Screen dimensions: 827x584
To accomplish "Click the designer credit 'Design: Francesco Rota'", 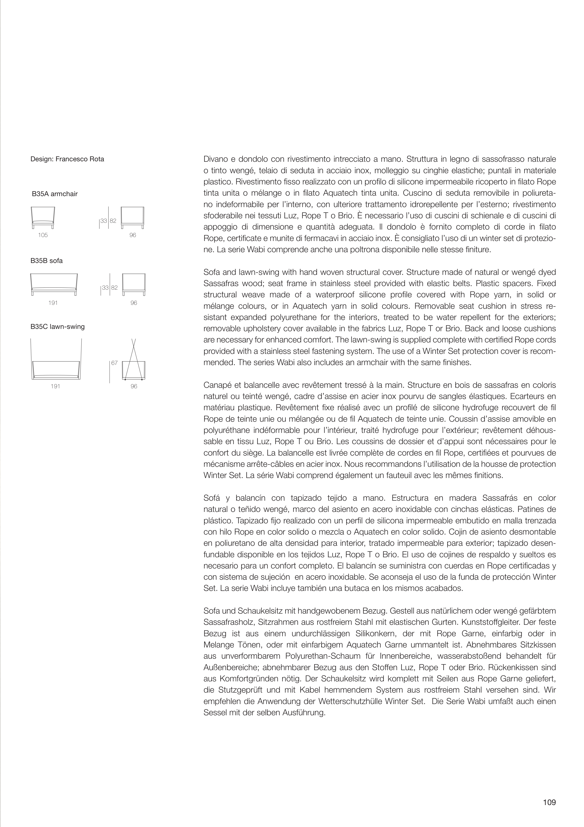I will point(67,159).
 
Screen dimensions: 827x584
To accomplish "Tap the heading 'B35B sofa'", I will point(46,261).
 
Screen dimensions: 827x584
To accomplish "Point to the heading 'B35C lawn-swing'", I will point(58,327).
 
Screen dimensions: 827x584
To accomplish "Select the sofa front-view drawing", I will point(54,284).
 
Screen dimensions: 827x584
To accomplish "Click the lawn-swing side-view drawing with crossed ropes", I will point(134,360).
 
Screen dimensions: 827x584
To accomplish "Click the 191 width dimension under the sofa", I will point(53,303).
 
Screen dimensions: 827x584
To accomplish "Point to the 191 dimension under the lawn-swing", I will point(55,386).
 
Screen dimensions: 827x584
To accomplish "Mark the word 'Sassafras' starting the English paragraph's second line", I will point(220,284).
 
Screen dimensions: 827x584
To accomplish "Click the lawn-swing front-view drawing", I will point(56,360).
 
